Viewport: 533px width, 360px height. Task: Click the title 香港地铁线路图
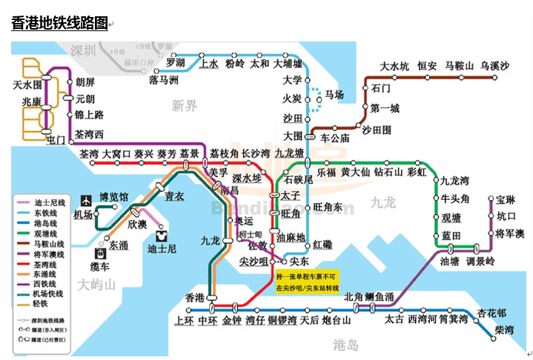60,22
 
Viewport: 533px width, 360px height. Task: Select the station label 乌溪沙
494,67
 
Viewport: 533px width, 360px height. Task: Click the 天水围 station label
28,86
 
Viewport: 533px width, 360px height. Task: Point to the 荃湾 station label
89,153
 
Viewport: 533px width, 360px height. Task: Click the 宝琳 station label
506,200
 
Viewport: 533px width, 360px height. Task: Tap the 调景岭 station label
480,261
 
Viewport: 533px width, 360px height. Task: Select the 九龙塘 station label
289,153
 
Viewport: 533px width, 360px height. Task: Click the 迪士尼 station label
162,249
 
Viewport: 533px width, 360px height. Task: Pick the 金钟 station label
231,321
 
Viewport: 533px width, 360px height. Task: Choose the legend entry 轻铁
42,304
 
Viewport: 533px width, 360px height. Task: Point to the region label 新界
185,106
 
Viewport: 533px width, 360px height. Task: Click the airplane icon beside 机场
84,200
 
